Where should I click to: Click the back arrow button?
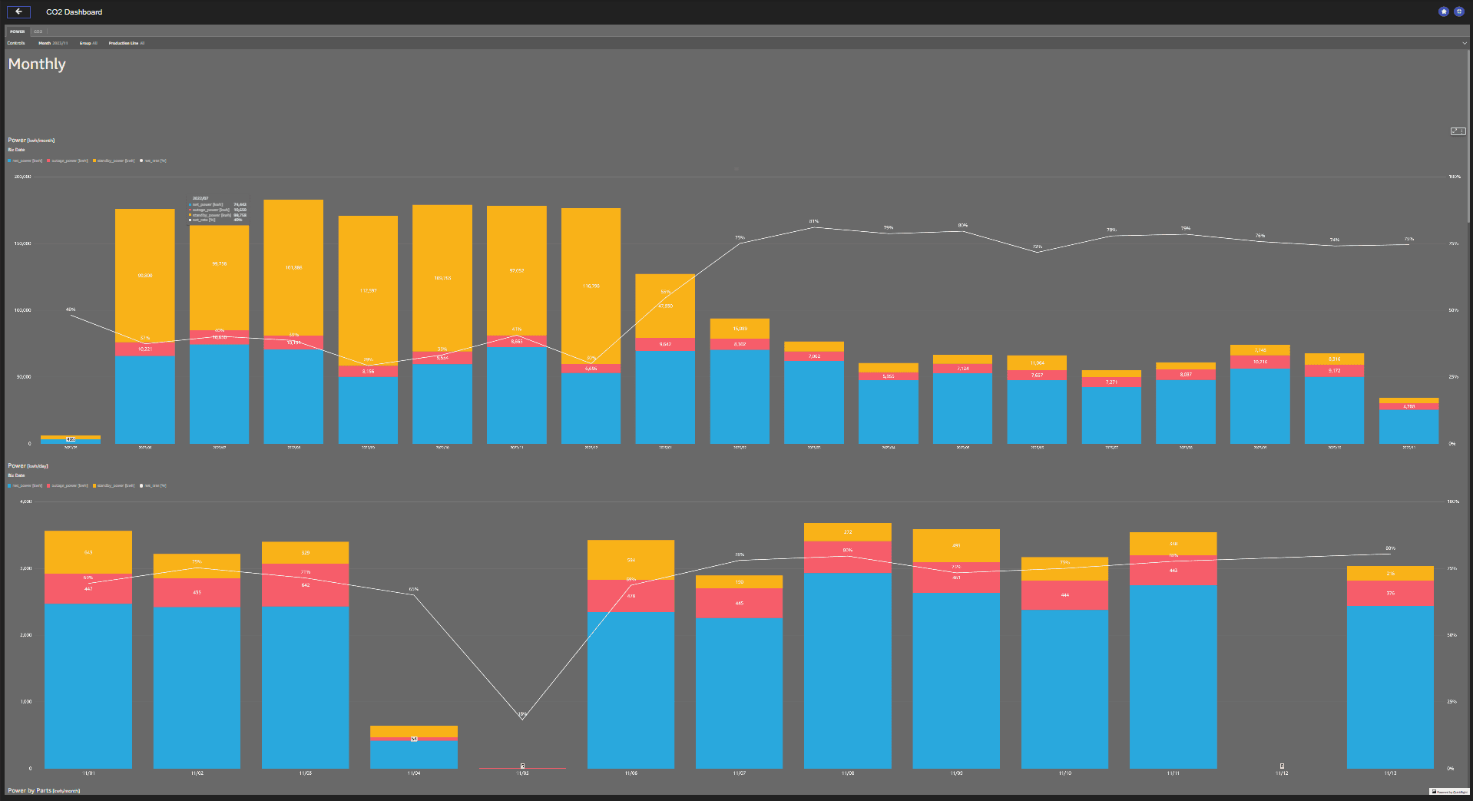click(18, 12)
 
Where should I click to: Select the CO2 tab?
click(38, 31)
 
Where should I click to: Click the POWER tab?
click(17, 31)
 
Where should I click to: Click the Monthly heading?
click(37, 65)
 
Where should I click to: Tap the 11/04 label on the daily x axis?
click(413, 773)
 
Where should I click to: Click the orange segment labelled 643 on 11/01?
click(88, 552)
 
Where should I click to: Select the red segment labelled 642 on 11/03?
click(305, 585)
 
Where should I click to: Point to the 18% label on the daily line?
click(522, 714)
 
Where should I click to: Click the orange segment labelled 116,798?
click(591, 286)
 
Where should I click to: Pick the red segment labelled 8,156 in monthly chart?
click(368, 372)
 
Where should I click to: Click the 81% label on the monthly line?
click(814, 221)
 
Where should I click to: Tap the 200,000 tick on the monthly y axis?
click(22, 177)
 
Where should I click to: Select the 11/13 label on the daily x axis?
click(1390, 773)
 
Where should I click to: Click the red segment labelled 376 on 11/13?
click(1390, 594)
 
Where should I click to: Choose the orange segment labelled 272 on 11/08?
click(848, 532)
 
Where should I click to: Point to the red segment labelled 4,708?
click(1408, 406)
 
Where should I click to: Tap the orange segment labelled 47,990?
click(665, 306)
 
